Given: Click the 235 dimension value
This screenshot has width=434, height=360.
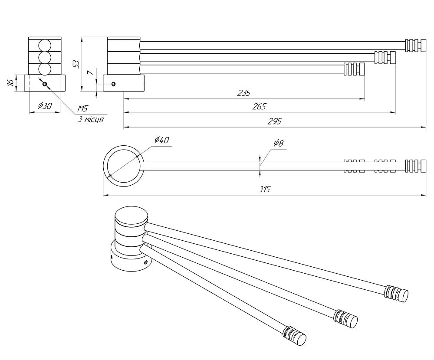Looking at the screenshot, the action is pyautogui.click(x=243, y=93).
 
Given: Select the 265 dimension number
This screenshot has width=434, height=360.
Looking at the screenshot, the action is pyautogui.click(x=259, y=107).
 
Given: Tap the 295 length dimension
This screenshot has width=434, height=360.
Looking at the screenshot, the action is pyautogui.click(x=275, y=121).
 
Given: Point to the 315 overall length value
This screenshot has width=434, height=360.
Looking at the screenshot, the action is pyautogui.click(x=264, y=189).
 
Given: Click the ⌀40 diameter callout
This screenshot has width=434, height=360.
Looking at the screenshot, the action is pyautogui.click(x=161, y=140).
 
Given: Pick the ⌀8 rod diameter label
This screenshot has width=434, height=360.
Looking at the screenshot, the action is pyautogui.click(x=279, y=143).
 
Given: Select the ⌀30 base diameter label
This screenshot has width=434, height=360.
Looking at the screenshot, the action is pyautogui.click(x=45, y=105).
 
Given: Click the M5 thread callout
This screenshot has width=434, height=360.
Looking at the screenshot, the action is pyautogui.click(x=82, y=108).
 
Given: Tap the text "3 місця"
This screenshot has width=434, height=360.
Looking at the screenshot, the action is pyautogui.click(x=91, y=120).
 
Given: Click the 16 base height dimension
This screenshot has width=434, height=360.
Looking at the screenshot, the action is pyautogui.click(x=10, y=82).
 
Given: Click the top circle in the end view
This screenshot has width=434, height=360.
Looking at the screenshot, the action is pyautogui.click(x=45, y=46).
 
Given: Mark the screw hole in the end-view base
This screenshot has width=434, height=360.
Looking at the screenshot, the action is pyautogui.click(x=45, y=84).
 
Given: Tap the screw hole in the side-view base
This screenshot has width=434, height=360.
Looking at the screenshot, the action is pyautogui.click(x=113, y=84).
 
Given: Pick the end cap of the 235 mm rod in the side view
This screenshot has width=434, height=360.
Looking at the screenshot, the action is pyautogui.click(x=354, y=69).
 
